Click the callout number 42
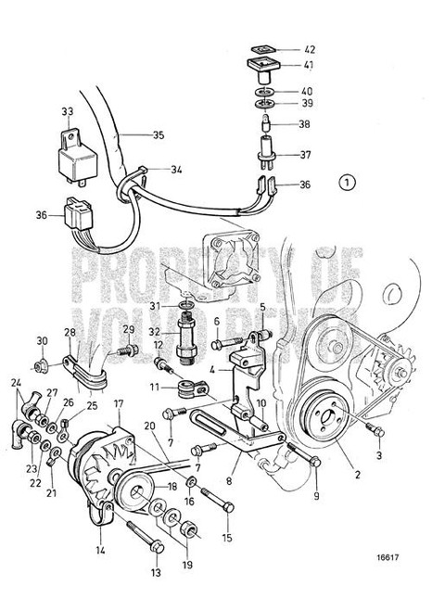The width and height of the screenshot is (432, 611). point(309,49)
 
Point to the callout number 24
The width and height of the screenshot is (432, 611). point(16,382)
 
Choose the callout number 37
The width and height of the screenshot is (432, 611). point(309,155)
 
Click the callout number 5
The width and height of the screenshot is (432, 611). point(262,333)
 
